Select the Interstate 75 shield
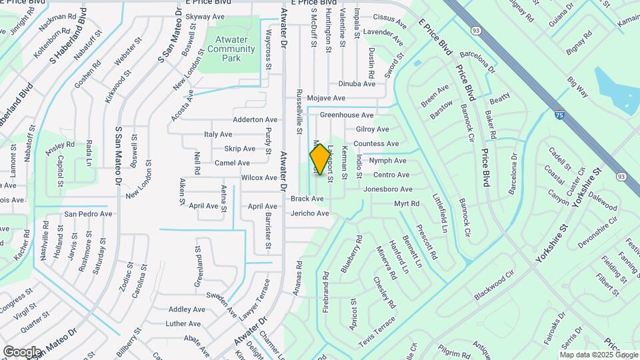point(559,115)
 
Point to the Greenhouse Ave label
point(346,115)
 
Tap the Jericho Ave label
point(310,213)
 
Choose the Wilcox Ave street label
point(259,178)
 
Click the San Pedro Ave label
point(88,214)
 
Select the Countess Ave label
point(376,144)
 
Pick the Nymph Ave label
point(388,161)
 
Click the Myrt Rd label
point(407,203)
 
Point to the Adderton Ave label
point(255,120)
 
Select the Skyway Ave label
point(205,16)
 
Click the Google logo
point(22,351)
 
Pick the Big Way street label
point(577,88)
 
